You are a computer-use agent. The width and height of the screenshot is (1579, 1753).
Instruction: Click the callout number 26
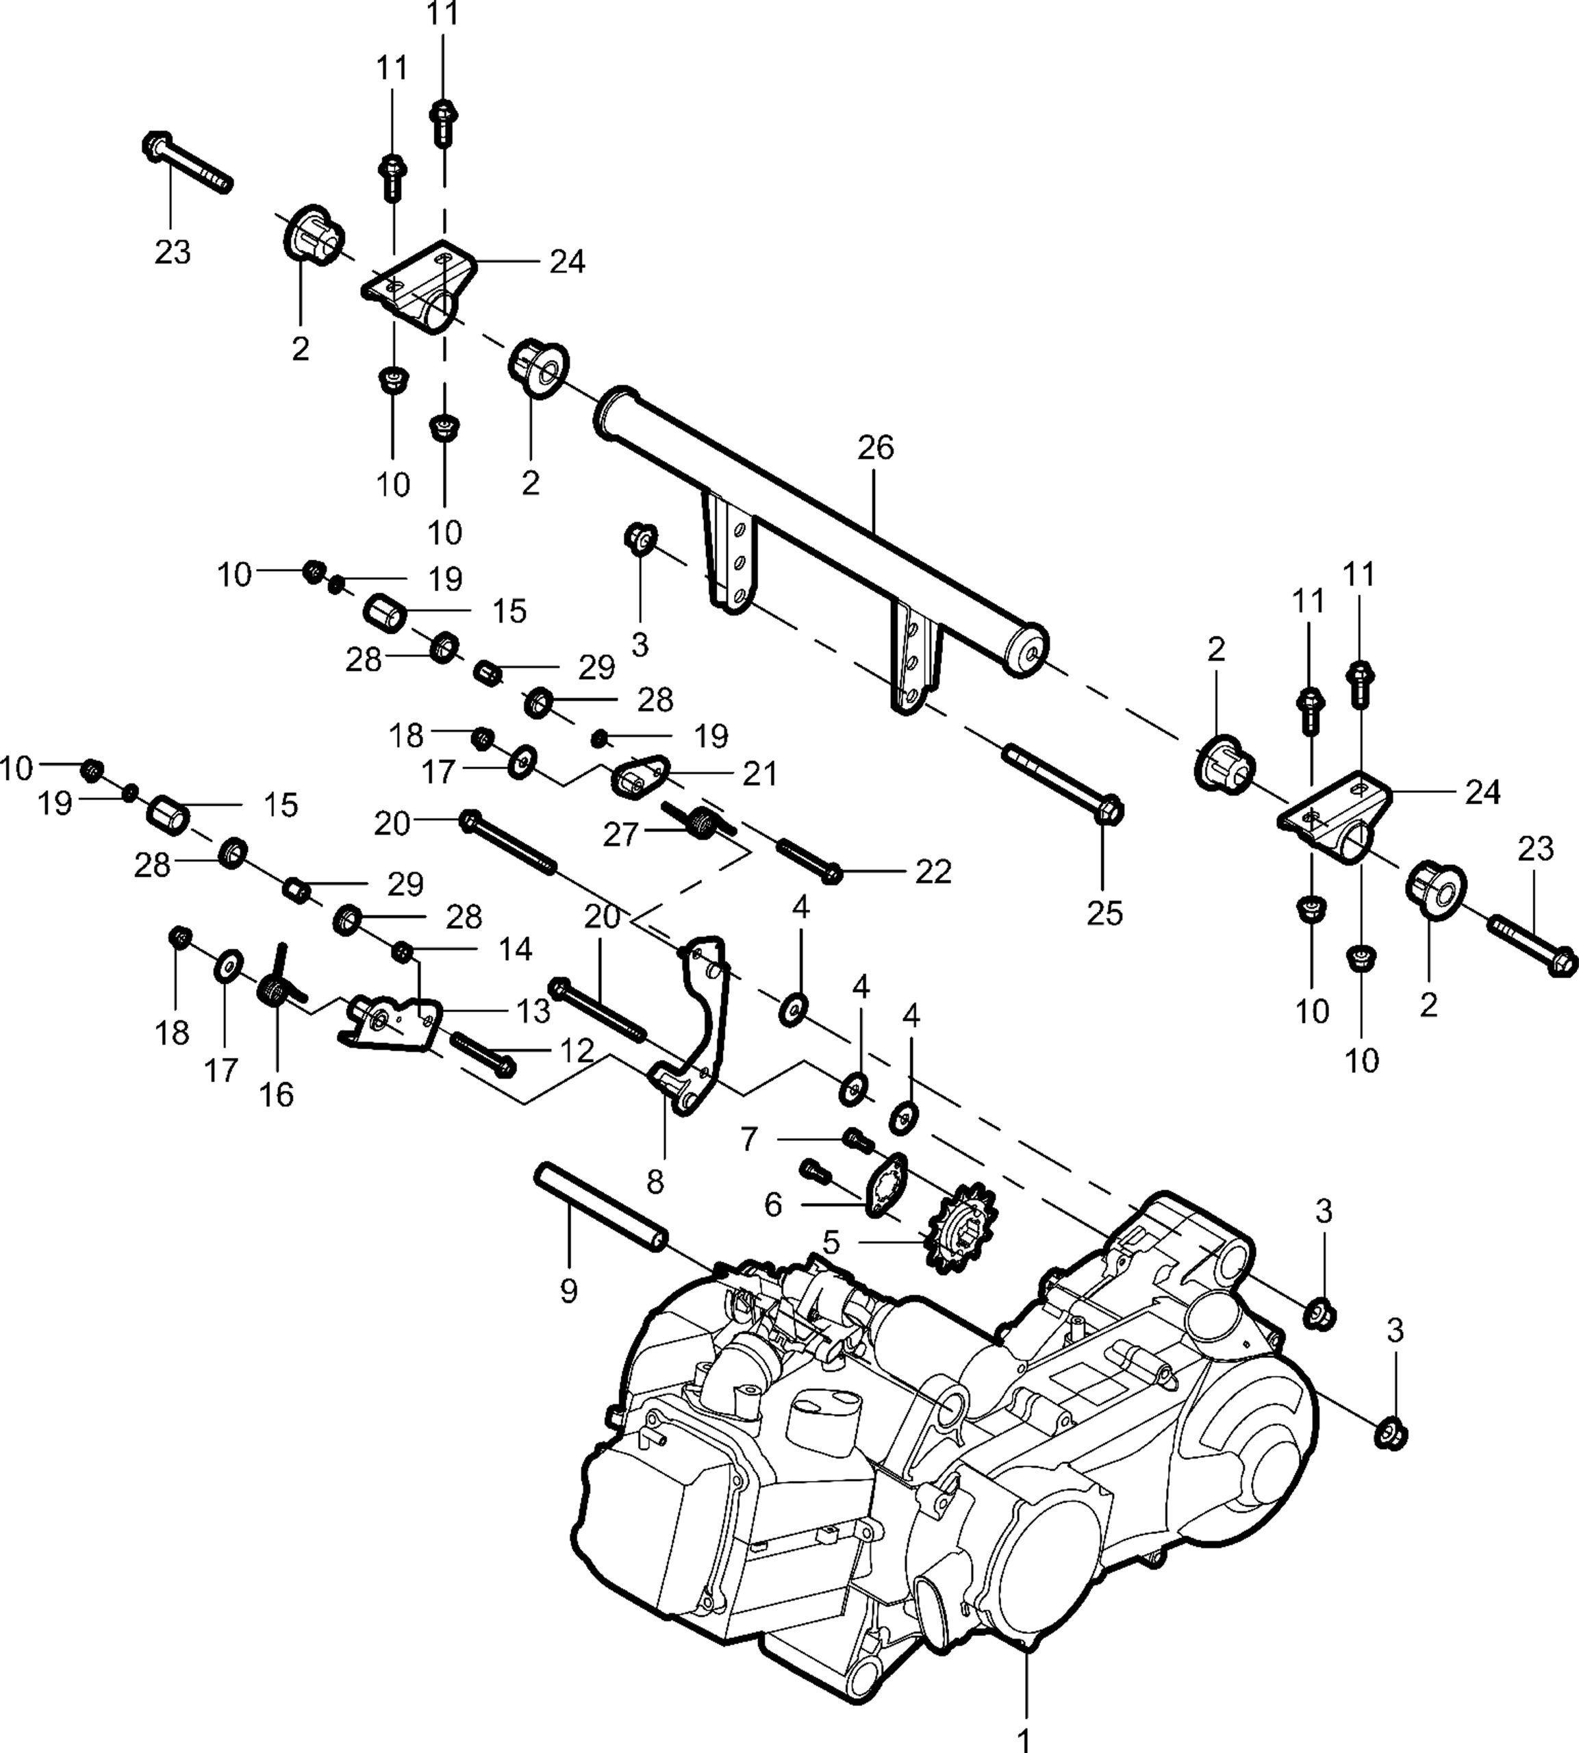click(x=875, y=449)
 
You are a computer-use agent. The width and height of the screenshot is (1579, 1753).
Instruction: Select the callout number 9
click(x=568, y=1291)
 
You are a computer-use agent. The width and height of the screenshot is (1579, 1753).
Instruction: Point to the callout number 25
click(x=1104, y=913)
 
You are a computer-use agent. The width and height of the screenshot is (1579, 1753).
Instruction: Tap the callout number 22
click(x=933, y=872)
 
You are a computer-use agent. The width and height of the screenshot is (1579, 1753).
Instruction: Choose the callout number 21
click(x=760, y=774)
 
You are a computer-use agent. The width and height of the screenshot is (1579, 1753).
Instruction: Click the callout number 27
click(x=620, y=835)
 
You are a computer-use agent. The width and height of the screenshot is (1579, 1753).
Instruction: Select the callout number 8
click(x=655, y=1181)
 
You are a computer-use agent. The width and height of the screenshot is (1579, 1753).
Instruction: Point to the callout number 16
click(x=276, y=1095)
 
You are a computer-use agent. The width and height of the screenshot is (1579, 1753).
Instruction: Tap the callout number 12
click(x=576, y=1051)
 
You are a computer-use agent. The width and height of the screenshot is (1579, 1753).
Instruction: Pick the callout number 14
click(x=516, y=949)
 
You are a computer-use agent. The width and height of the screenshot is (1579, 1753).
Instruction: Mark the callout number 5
click(x=831, y=1242)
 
